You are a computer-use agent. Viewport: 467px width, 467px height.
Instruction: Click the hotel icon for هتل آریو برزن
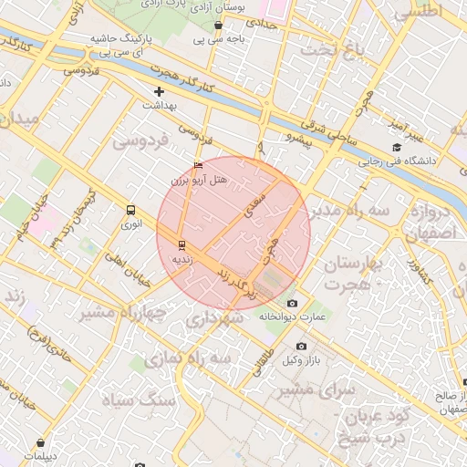[200, 165]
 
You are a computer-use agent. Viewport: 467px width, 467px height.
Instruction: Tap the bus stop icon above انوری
[131, 210]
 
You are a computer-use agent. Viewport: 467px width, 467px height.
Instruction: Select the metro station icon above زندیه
[182, 244]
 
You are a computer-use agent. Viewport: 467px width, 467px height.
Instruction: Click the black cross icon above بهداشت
[160, 91]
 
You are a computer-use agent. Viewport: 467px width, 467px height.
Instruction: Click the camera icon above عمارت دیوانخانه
[292, 303]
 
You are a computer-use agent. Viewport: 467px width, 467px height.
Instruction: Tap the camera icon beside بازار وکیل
[302, 346]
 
